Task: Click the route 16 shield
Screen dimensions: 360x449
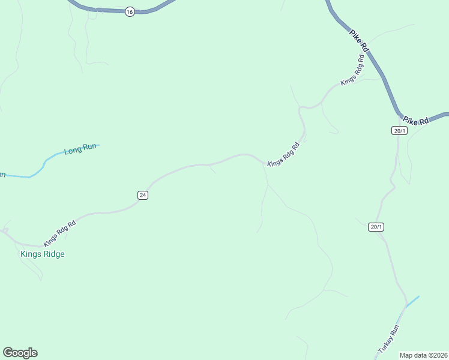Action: coord(130,12)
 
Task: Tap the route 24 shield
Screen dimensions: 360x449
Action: coord(142,195)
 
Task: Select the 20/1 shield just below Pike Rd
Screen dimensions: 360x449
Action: coord(400,131)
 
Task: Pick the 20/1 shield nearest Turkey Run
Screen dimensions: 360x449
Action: coord(376,227)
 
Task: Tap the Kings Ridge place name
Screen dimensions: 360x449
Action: coord(43,254)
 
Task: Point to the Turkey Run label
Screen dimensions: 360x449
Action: coord(388,339)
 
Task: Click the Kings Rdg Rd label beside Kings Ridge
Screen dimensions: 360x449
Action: coord(59,233)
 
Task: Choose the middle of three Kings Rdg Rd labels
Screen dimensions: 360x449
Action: coord(283,155)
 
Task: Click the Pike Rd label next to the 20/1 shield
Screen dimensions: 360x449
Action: coord(416,121)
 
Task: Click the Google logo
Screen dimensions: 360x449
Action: coord(20,353)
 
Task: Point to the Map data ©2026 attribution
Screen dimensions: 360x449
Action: coord(423,355)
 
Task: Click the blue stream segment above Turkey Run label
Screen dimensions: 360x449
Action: coord(412,302)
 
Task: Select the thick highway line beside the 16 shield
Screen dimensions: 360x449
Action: coord(108,10)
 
